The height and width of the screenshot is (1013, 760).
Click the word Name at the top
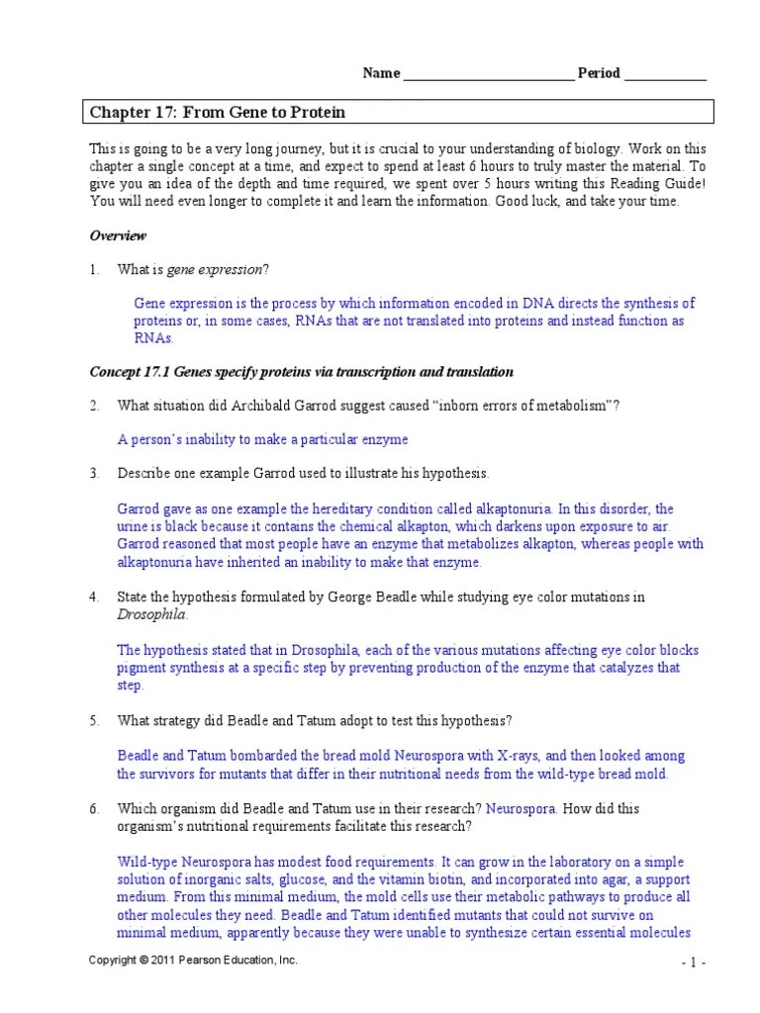(381, 73)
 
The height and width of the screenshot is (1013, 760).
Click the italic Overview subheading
(118, 236)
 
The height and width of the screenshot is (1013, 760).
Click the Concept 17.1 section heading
(302, 372)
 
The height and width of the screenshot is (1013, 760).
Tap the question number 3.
(94, 473)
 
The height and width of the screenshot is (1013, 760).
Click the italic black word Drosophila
(150, 614)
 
